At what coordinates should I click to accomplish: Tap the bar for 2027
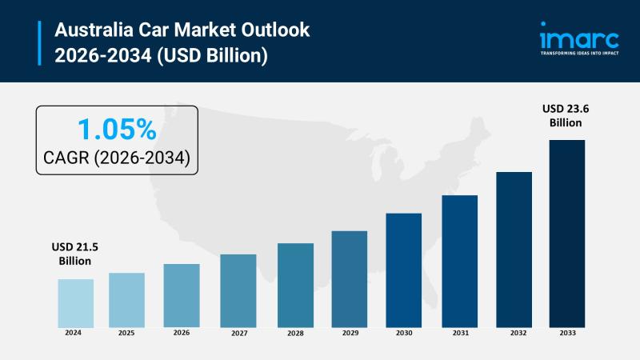238,290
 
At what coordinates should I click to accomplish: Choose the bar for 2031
459,261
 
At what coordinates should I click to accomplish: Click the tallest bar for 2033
566,233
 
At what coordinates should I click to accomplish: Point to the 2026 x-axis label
182,333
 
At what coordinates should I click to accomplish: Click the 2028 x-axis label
294,333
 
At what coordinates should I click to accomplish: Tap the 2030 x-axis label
404,333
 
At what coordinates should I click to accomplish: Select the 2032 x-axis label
514,333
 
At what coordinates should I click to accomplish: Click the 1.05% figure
116,129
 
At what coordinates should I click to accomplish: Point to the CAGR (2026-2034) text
117,158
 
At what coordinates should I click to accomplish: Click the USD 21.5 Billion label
74,254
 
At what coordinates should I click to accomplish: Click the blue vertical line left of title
39,42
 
